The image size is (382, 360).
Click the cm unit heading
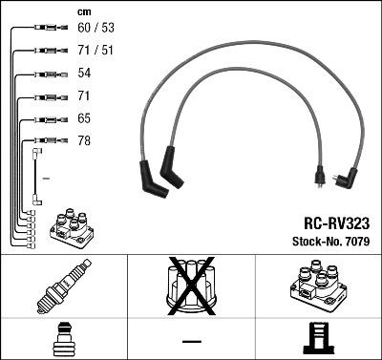[x=83, y=11]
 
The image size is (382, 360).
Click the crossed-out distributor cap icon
[x=191, y=287]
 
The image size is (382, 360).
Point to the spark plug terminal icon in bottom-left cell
[x=63, y=339]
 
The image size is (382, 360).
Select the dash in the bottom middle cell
[x=191, y=340]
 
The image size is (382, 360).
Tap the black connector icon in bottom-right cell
[x=318, y=339]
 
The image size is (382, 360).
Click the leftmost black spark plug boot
[x=152, y=179]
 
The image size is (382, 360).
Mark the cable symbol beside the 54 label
[x=45, y=74]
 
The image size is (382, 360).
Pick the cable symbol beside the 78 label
[x=45, y=142]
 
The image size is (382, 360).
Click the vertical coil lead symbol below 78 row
[x=36, y=177]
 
